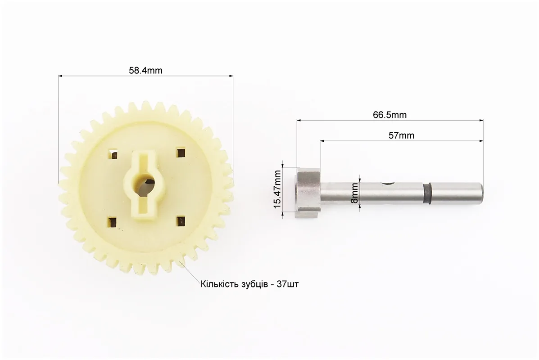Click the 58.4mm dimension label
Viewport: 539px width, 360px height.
(x=145, y=70)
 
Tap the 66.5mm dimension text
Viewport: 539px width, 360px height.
(x=390, y=115)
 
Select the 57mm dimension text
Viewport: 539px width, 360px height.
(x=401, y=135)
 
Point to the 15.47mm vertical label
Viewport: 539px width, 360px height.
(x=277, y=189)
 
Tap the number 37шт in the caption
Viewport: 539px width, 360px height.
(x=288, y=284)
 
